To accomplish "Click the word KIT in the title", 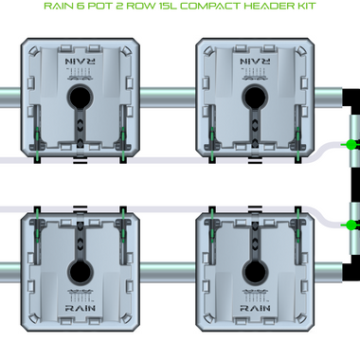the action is click(x=306, y=6).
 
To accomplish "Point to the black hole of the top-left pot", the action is click(x=81, y=97).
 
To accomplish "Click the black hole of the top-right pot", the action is click(x=255, y=97).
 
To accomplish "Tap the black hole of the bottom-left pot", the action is click(x=81, y=272).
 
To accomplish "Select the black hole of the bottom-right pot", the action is click(x=255, y=272).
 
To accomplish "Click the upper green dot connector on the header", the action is click(x=351, y=145).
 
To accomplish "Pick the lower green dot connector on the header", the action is click(x=351, y=225).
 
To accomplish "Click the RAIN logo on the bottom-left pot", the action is click(x=81, y=308).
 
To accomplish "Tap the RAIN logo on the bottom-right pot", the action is click(x=255, y=308).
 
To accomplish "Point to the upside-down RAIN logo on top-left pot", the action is click(x=81, y=62).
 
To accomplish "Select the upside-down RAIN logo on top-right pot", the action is click(x=255, y=62).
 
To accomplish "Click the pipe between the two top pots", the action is click(x=168, y=98).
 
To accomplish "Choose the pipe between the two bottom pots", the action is click(x=168, y=273).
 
